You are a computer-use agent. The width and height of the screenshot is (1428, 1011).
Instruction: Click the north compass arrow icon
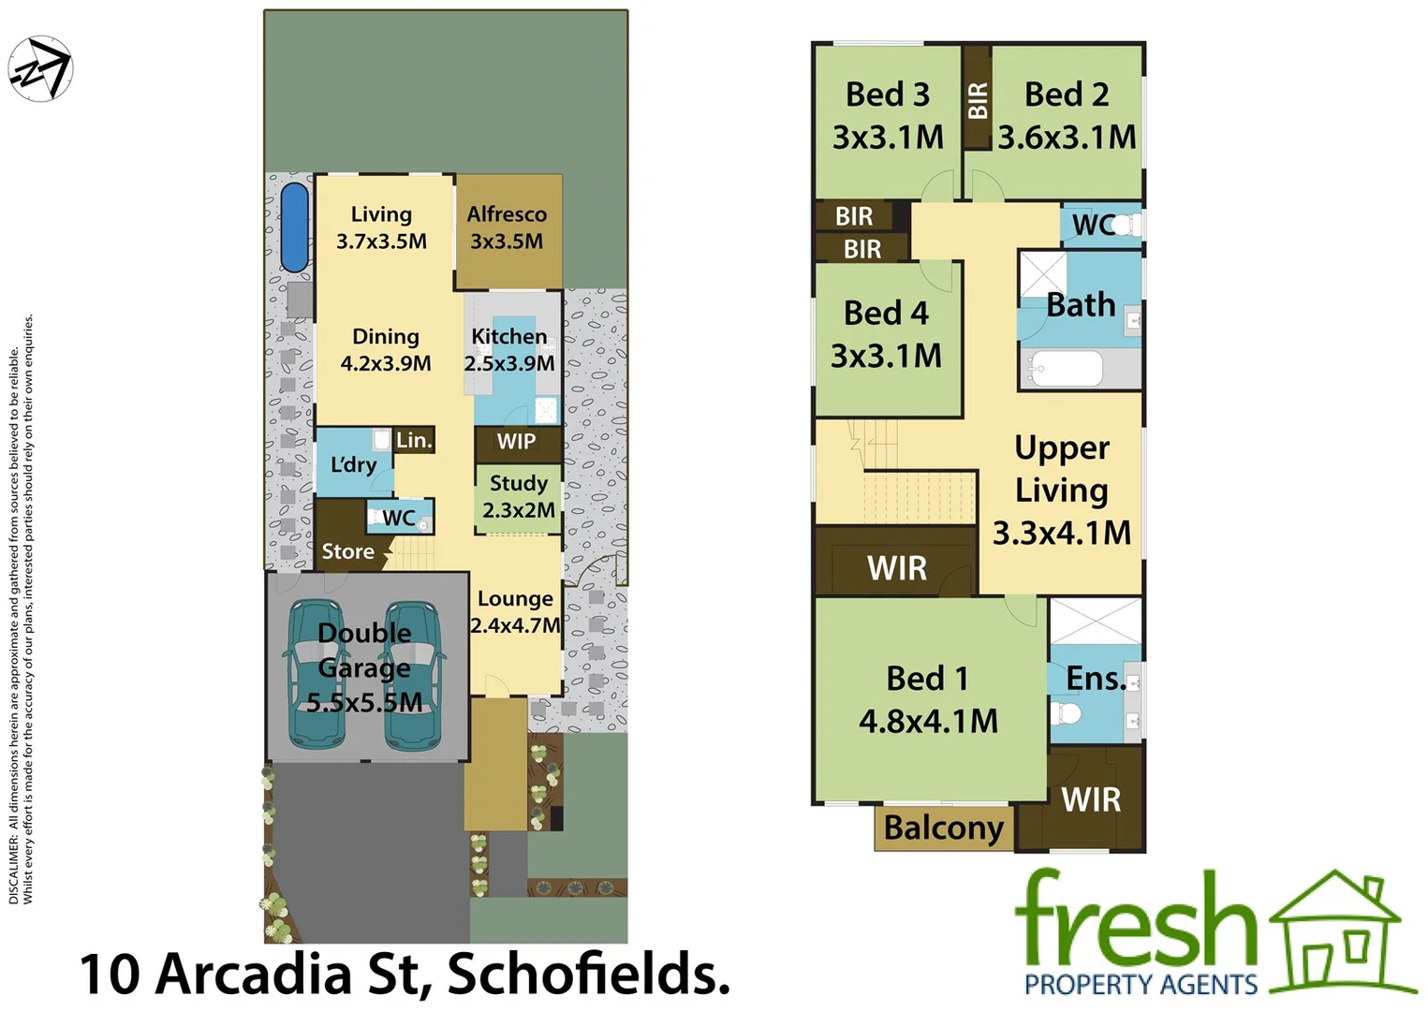40,68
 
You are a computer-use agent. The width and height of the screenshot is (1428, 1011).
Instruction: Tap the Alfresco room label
507,214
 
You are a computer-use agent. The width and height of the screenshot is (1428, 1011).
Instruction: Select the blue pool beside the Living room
294,227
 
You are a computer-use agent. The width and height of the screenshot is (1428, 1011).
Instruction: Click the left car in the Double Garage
316,674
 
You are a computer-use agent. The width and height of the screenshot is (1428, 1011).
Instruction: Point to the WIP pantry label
516,442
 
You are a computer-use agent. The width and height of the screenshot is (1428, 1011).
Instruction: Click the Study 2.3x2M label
518,496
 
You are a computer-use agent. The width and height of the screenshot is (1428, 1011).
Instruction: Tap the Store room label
347,551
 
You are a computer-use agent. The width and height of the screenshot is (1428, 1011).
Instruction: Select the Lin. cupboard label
414,440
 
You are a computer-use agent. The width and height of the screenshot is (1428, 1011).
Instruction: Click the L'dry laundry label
353,464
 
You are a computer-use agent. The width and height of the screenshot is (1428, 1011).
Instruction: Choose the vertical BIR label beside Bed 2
978,100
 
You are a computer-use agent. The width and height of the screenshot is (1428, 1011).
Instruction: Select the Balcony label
943,828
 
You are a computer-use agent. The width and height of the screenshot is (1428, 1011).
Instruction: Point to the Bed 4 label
886,313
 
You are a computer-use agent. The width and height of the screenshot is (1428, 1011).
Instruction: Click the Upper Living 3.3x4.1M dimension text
1061,533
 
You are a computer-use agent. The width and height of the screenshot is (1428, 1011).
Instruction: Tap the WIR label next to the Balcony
1091,799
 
